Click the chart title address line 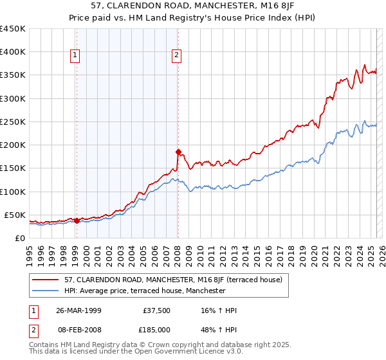(192, 6)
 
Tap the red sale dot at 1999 (77, 221)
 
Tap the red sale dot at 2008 (178, 152)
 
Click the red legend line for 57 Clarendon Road (46, 280)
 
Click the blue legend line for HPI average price (46, 291)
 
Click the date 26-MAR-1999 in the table (78, 310)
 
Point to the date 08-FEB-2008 (78, 329)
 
